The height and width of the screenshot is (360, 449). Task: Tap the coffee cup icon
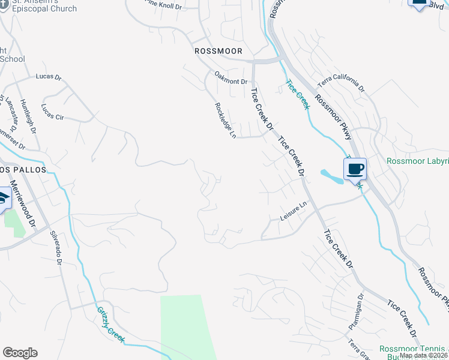click(x=355, y=169)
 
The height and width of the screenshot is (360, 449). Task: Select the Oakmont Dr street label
click(x=231, y=78)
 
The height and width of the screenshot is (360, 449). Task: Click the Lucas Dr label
click(x=49, y=77)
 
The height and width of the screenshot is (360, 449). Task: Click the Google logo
click(x=20, y=353)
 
